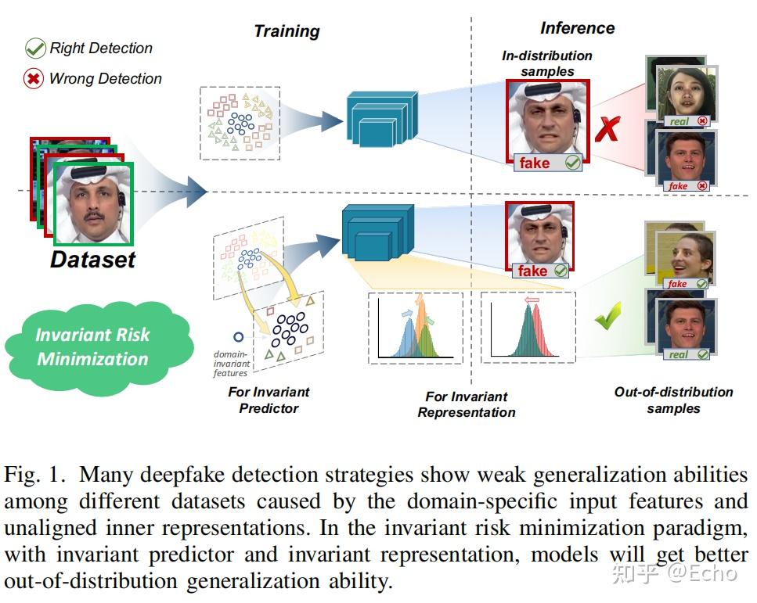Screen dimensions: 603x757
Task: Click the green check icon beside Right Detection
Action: coord(35,48)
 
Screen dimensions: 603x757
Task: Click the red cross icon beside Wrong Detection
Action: coord(34,79)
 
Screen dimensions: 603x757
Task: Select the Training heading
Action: coord(287,31)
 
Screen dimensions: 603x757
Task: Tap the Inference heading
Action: coord(577,28)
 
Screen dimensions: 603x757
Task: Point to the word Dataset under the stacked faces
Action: coord(92,260)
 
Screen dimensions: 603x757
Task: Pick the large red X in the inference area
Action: coord(606,128)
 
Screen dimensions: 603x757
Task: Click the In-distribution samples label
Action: coord(547,63)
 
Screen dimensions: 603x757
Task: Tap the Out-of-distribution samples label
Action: coord(673,400)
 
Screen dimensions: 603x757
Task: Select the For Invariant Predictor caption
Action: coord(269,400)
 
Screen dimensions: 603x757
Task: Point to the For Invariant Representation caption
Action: coord(467,404)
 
